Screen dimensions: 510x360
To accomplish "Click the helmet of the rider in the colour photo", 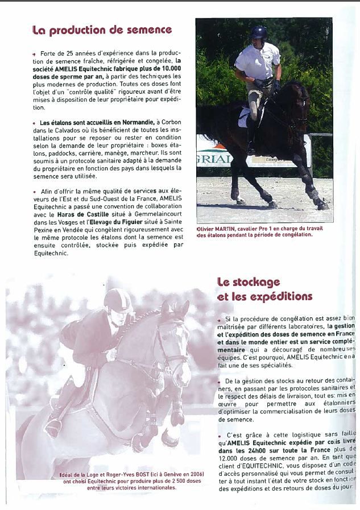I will [259, 33].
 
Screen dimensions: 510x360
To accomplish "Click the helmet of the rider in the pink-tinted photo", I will [117, 300].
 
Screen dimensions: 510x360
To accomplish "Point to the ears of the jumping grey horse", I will [175, 309].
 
